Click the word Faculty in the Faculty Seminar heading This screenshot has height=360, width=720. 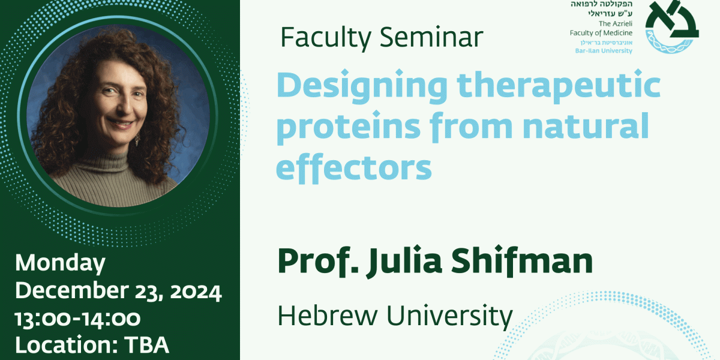point(326,38)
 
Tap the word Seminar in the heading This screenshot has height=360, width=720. point(431,37)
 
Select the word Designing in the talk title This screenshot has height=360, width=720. point(362,86)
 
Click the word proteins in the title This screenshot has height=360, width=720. point(349,127)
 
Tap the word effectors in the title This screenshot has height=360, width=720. point(354,167)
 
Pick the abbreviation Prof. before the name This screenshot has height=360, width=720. point(318,261)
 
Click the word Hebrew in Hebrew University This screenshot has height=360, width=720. point(327,316)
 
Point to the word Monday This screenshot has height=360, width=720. point(61,263)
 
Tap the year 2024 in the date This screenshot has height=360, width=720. point(196,292)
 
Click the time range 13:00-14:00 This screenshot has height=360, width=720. point(78,319)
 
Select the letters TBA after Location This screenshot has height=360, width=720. point(146,344)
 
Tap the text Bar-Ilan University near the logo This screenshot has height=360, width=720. point(604,51)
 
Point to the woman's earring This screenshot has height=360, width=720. point(137,139)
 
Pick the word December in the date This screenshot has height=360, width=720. point(72,290)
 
